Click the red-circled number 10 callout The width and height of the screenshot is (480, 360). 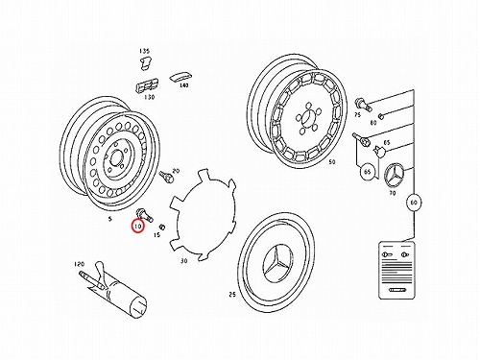[x=138, y=227]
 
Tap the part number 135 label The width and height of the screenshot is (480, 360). [x=144, y=51]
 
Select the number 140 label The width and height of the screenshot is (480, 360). [x=183, y=85]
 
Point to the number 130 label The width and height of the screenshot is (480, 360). [x=149, y=97]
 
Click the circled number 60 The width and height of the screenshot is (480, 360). [x=414, y=203]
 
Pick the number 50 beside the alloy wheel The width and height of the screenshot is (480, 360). [x=332, y=162]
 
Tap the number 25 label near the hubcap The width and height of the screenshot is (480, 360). [x=232, y=295]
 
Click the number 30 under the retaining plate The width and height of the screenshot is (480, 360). [x=183, y=261]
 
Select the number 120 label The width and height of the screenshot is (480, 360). [x=79, y=264]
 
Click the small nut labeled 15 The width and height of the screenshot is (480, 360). [x=162, y=227]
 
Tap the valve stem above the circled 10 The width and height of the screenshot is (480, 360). [x=145, y=214]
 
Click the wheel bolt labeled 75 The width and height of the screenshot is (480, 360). [x=363, y=105]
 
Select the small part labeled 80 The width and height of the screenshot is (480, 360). [x=381, y=116]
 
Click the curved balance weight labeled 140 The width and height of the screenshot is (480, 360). [x=180, y=78]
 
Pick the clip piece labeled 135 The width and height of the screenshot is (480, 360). [x=146, y=62]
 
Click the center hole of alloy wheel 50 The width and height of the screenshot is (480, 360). [x=306, y=117]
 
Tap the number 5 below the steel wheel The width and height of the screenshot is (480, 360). [x=110, y=219]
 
